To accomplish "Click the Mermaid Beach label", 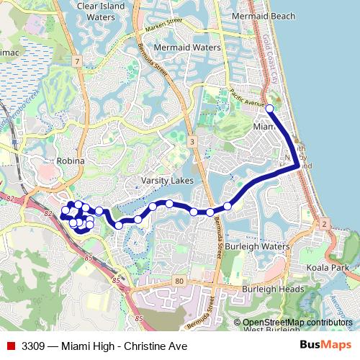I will (264, 16).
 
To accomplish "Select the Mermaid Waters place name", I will (187, 48).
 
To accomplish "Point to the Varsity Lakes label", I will (167, 181).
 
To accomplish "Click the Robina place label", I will (71, 161).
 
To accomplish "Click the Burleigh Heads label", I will (273, 289).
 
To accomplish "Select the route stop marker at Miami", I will (270, 109).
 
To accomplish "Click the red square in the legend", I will (11, 346).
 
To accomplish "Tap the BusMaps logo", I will (325, 346).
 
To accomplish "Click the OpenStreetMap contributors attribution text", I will (297, 323).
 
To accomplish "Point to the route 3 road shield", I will (192, 143).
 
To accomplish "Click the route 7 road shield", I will (76, 60).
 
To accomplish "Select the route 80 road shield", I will (178, 282).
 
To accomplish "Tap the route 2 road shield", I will (325, 225).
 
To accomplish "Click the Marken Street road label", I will (164, 25).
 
